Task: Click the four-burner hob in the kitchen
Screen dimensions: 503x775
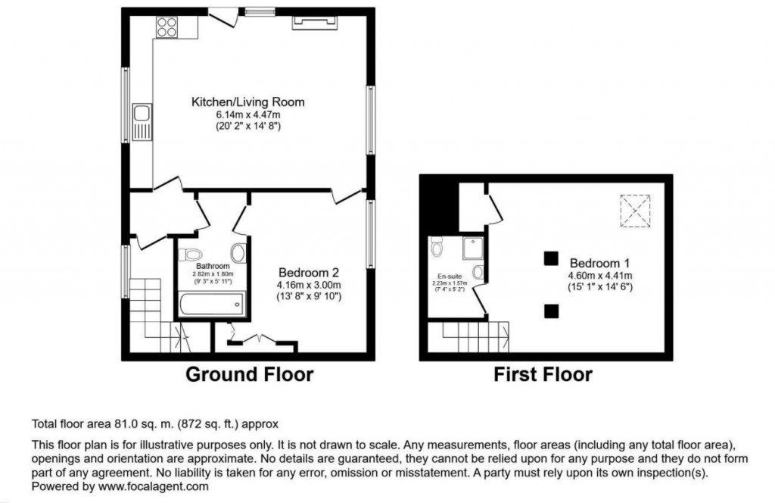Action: (x=166, y=27)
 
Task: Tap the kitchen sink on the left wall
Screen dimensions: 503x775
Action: (x=141, y=122)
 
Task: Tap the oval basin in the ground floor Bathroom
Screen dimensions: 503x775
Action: (x=238, y=253)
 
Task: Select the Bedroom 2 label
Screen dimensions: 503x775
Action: (x=309, y=273)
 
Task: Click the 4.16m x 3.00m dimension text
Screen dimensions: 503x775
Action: (x=310, y=285)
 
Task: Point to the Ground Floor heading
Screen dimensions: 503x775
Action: (x=249, y=373)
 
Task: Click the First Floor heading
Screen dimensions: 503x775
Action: (x=543, y=373)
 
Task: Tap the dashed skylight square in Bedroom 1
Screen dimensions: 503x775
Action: (x=635, y=210)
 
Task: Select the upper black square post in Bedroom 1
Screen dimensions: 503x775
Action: (x=550, y=258)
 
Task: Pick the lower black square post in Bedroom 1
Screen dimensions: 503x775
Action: (x=551, y=310)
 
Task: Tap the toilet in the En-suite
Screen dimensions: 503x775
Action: (x=436, y=246)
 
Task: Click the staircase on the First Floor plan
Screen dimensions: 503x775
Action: (x=467, y=336)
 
